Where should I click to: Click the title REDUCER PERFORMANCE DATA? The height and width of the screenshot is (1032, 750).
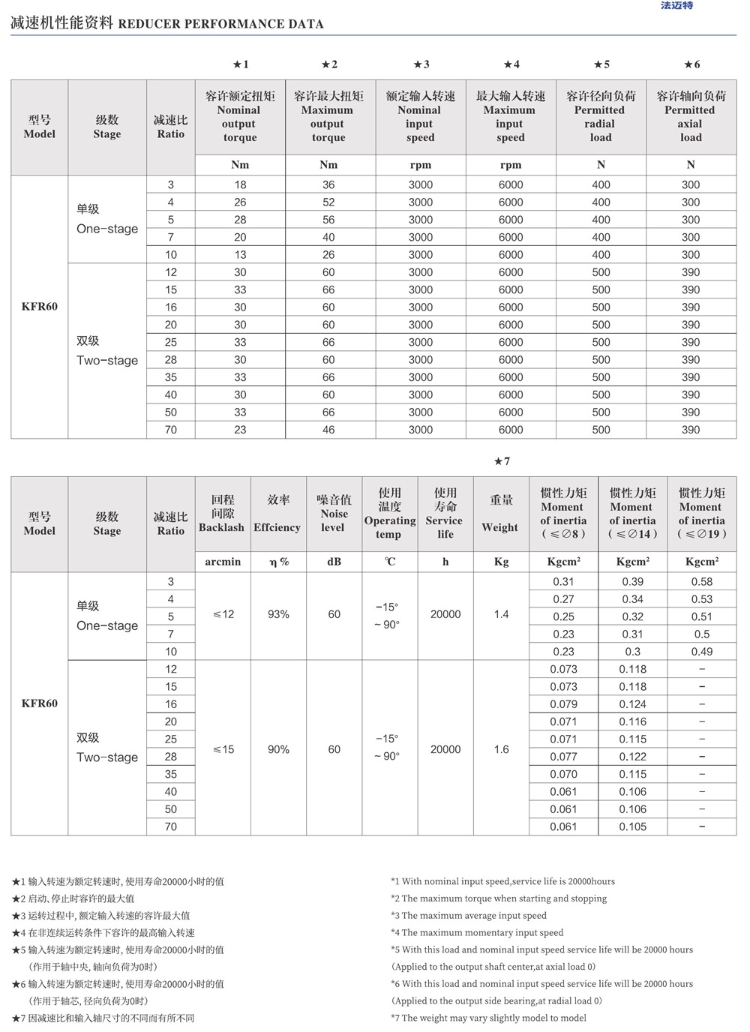click(220, 24)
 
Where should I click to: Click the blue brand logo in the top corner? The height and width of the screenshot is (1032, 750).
click(676, 6)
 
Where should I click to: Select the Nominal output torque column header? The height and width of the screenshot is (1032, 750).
click(240, 117)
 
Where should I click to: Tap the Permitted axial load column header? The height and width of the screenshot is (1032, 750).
click(691, 117)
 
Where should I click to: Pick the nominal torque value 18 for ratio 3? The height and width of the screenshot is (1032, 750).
click(240, 184)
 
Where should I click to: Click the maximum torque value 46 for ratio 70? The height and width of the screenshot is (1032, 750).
click(328, 430)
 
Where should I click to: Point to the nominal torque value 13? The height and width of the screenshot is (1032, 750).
click(240, 255)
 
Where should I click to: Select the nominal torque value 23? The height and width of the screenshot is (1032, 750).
click(240, 430)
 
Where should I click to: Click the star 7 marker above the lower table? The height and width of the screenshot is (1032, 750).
click(502, 461)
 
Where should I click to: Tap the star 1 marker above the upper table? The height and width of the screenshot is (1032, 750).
click(241, 64)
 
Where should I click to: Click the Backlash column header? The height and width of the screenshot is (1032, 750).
click(222, 514)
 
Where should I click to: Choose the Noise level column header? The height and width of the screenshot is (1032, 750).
click(334, 514)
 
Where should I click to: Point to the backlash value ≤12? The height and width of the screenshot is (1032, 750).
click(223, 614)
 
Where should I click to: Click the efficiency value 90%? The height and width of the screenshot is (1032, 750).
click(278, 749)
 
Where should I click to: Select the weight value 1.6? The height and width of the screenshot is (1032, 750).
click(501, 749)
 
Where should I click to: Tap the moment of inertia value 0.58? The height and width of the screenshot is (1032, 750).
click(702, 582)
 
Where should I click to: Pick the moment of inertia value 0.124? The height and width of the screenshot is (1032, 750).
click(632, 704)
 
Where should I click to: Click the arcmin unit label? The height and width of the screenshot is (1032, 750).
click(223, 562)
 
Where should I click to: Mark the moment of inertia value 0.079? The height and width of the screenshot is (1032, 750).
click(563, 704)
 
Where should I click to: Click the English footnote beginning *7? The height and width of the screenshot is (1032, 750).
click(488, 1018)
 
